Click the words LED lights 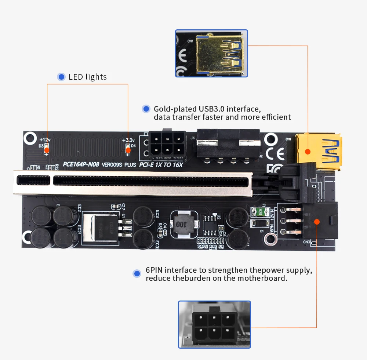[88, 77]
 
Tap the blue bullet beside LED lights [61, 77]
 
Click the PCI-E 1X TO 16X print [161, 165]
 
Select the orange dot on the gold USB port [308, 151]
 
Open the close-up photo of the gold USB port [211, 53]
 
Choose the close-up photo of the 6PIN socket [214, 324]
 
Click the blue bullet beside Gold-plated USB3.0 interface [146, 109]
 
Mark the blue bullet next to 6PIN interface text [137, 273]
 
